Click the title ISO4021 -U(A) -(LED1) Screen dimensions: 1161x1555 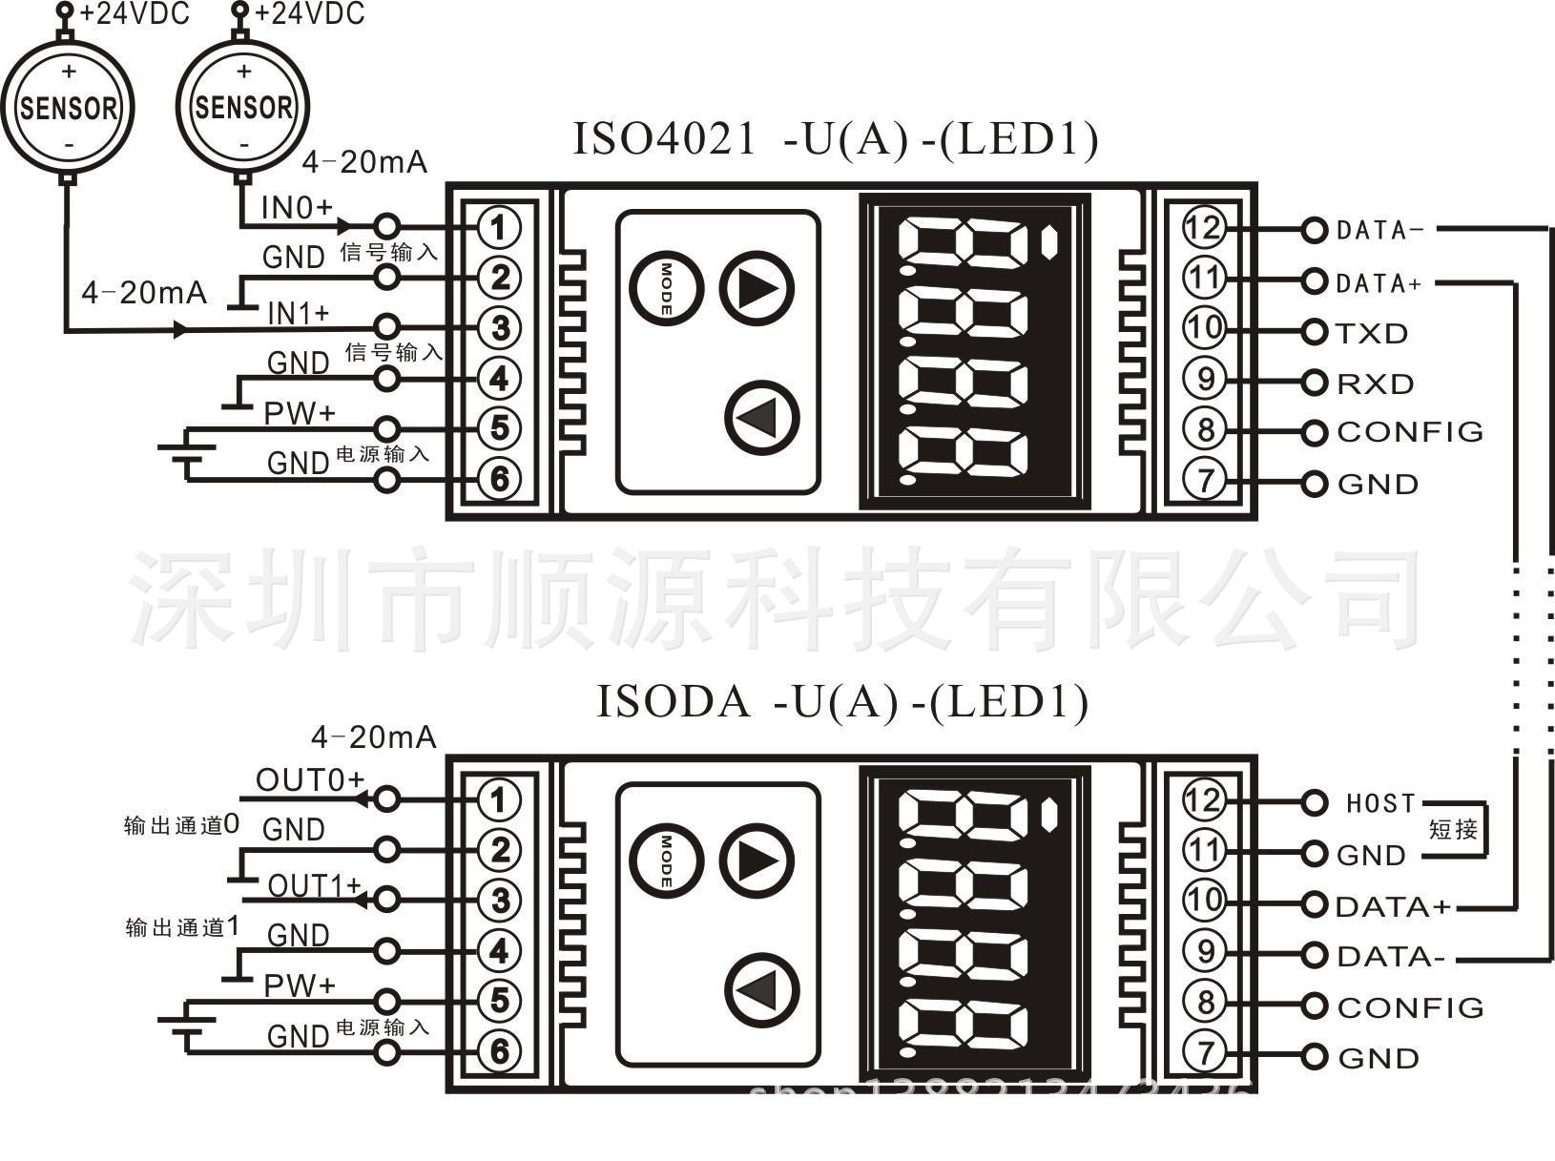tap(835, 139)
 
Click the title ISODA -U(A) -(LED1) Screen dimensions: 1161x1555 tap(841, 702)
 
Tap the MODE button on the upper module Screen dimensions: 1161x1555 tap(666, 288)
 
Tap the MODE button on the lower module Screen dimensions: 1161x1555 tap(666, 860)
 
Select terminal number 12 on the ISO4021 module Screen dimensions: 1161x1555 tap(1203, 228)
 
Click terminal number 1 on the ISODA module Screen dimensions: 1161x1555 tap(498, 799)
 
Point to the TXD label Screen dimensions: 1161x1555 tap(1372, 334)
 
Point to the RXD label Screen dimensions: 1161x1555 tap(1375, 384)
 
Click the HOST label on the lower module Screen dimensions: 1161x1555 tap(1380, 804)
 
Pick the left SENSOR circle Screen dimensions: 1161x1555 tap(68, 107)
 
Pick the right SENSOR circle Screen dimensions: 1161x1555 tap(243, 105)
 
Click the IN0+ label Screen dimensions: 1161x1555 tap(297, 207)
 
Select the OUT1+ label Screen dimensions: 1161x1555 tap(314, 885)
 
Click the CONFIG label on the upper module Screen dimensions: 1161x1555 tap(1410, 432)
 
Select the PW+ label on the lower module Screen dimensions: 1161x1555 tap(300, 985)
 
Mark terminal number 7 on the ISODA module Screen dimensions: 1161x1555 tap(1205, 1053)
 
